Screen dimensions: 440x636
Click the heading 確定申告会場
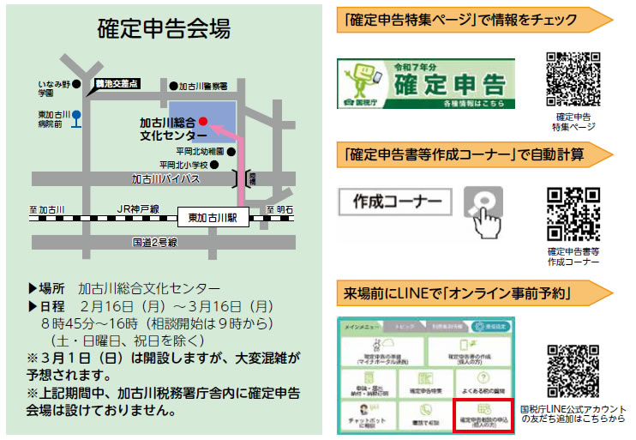[x=163, y=29]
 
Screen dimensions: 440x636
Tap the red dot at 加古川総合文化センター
[x=203, y=122]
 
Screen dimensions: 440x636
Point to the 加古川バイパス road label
[x=165, y=180]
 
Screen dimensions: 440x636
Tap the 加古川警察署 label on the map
[x=203, y=86]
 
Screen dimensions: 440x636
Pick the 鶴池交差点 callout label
[x=116, y=84]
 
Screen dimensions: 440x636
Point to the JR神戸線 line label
[x=140, y=208]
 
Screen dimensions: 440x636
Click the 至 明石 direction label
[x=280, y=208]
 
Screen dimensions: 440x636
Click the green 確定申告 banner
[x=426, y=84]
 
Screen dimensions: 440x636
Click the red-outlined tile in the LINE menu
[x=482, y=413]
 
